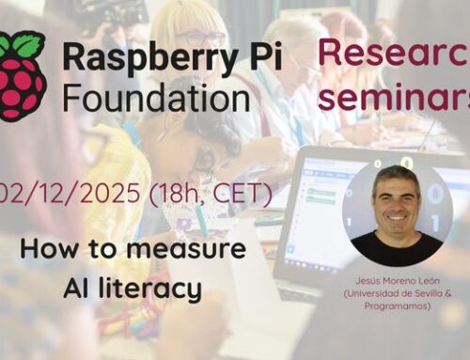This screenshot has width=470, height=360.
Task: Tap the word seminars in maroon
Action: [x=395, y=95]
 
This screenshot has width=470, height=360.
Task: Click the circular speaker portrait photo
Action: [x=397, y=212]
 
